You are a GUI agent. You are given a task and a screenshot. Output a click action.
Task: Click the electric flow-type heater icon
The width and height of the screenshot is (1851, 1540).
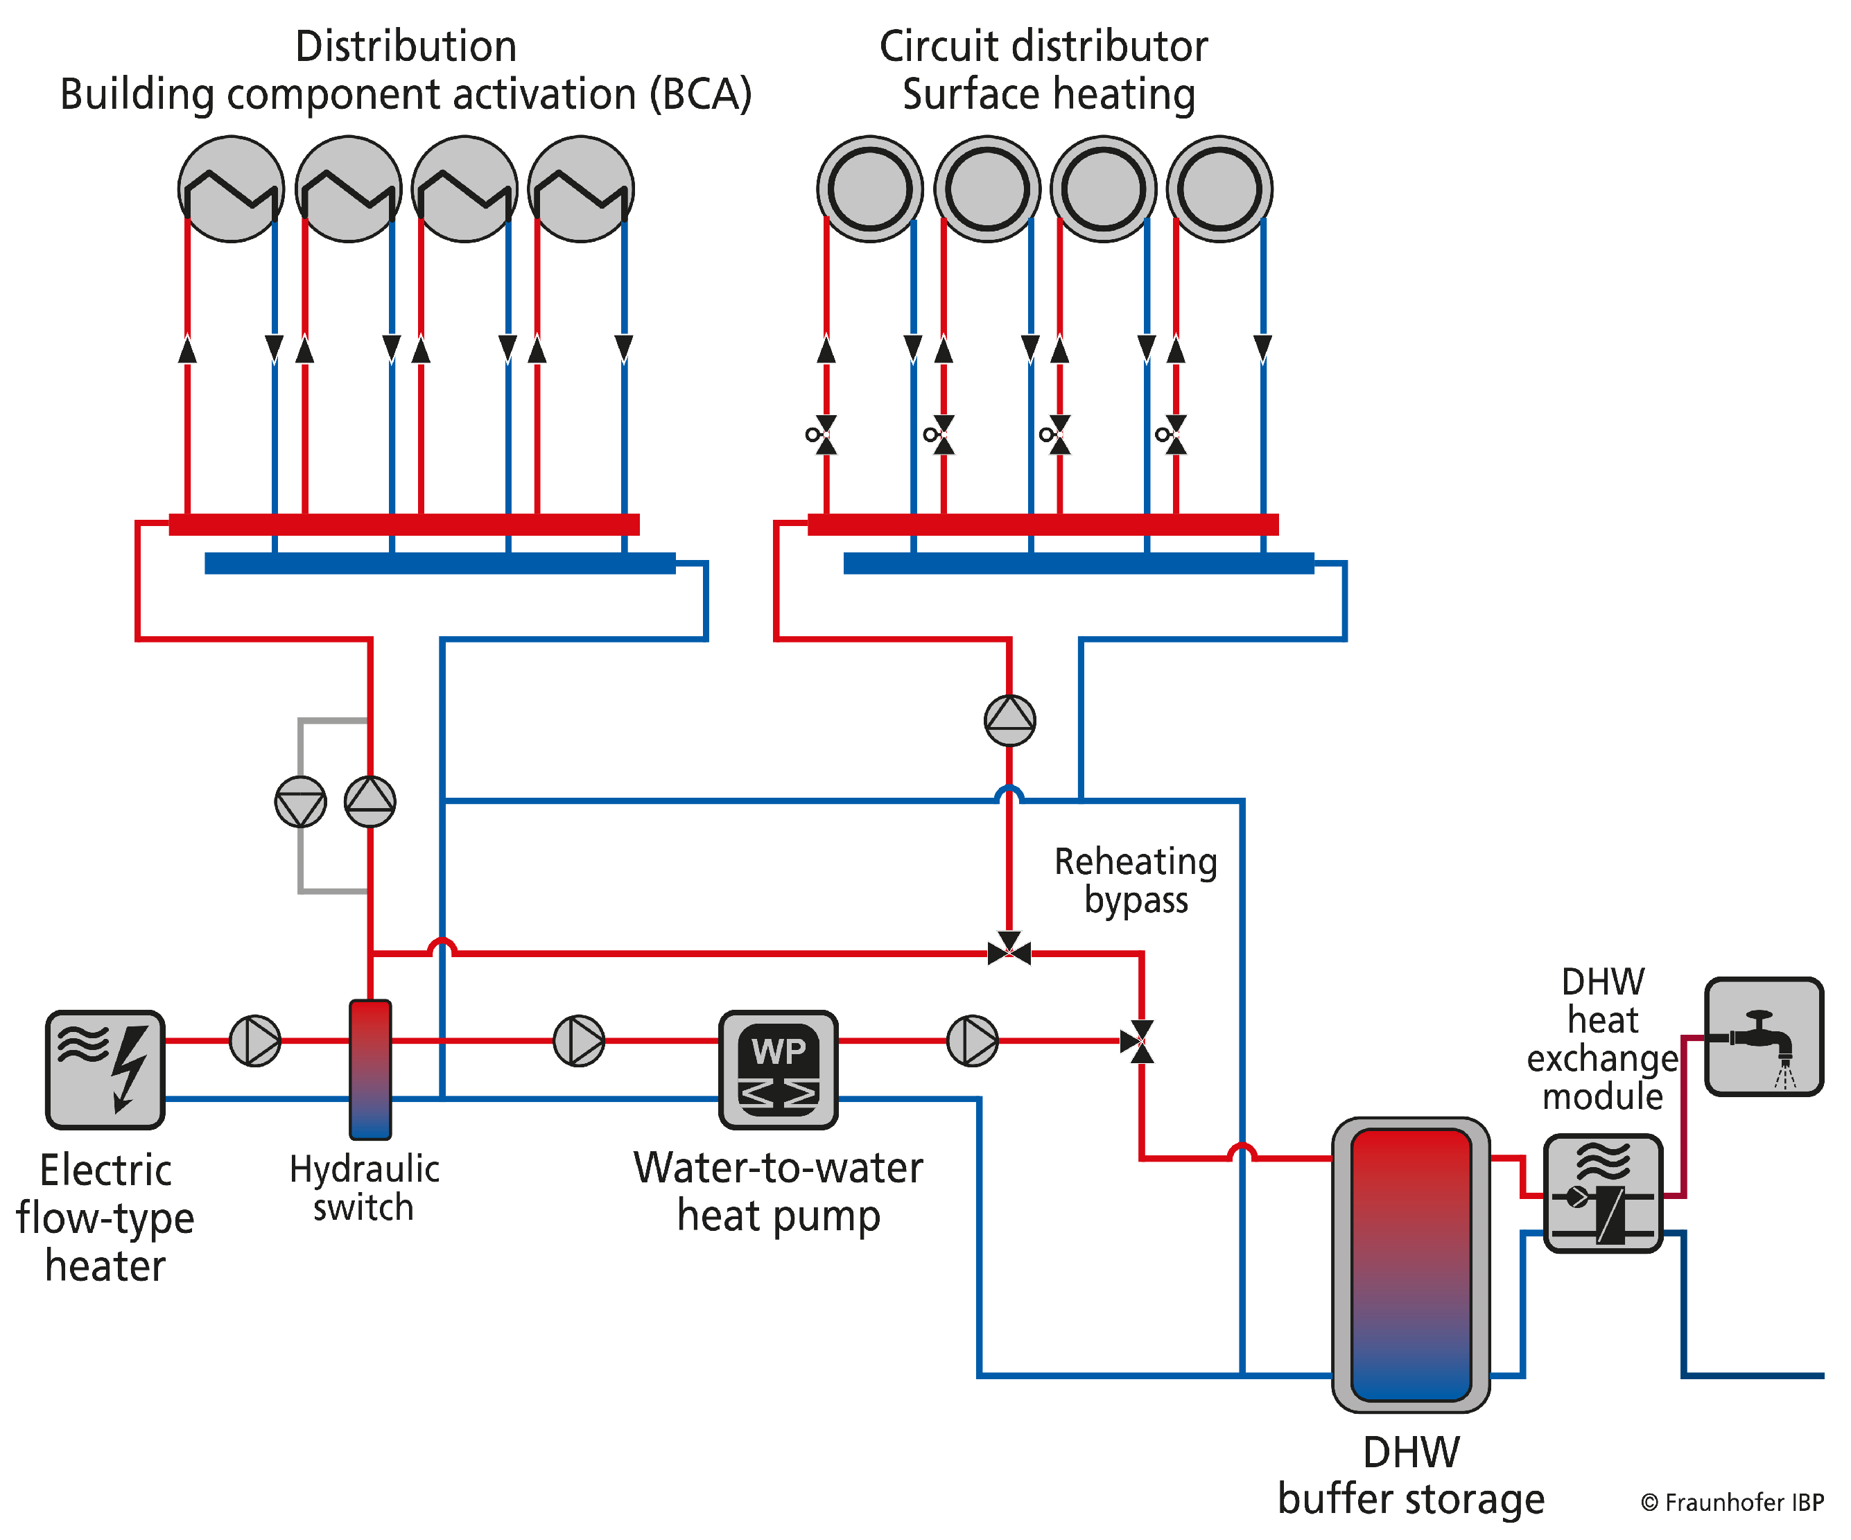(x=105, y=1069)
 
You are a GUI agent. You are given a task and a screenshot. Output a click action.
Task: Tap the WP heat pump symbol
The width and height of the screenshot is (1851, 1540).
(x=779, y=1069)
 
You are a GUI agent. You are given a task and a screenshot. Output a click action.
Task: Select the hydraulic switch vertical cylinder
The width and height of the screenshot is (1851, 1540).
(x=370, y=1069)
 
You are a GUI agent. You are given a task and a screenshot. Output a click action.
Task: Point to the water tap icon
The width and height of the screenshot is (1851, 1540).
(x=1764, y=1037)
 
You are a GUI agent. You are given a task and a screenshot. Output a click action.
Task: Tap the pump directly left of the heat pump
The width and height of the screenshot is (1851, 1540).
(x=579, y=1040)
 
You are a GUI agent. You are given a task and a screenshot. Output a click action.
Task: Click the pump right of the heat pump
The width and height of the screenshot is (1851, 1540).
(x=972, y=1040)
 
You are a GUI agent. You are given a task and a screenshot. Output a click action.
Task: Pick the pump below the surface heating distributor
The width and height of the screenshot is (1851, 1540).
(x=1009, y=720)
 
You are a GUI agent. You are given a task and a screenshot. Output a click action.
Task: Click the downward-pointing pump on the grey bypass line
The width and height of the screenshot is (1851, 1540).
(x=301, y=802)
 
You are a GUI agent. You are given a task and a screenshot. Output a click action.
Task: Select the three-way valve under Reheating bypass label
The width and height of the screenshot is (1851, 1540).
(x=1009, y=952)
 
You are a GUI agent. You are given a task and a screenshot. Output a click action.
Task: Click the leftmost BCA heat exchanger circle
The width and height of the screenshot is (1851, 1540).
(x=231, y=189)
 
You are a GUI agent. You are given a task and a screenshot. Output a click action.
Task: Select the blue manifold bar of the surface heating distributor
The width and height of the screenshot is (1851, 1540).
(x=1078, y=563)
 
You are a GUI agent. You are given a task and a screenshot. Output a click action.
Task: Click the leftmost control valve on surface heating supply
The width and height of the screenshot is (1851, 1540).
(x=825, y=435)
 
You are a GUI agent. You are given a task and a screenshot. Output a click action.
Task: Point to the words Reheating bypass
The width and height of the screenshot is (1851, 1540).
(x=1136, y=880)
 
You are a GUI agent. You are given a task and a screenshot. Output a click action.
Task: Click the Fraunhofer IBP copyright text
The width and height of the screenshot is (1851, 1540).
(x=1731, y=1502)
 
